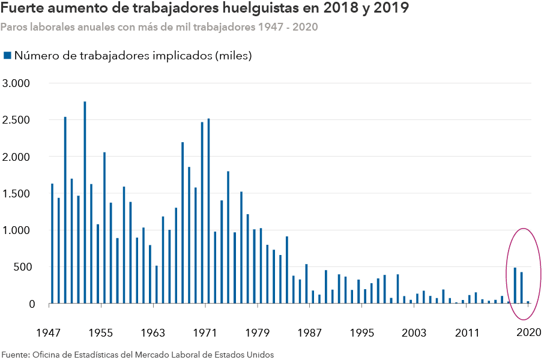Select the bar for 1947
click(x=52, y=243)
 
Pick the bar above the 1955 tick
click(x=104, y=227)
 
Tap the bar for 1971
click(x=208, y=211)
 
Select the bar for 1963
click(x=156, y=284)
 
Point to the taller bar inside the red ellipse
click(x=515, y=286)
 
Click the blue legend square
click(x=7, y=56)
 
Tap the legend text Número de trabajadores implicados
click(x=133, y=56)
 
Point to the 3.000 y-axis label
click(x=16, y=83)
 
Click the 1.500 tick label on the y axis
click(x=16, y=193)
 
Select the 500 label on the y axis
click(x=20, y=267)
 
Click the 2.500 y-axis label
click(x=16, y=120)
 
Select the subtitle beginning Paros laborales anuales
click(x=159, y=28)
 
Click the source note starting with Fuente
click(x=137, y=354)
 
